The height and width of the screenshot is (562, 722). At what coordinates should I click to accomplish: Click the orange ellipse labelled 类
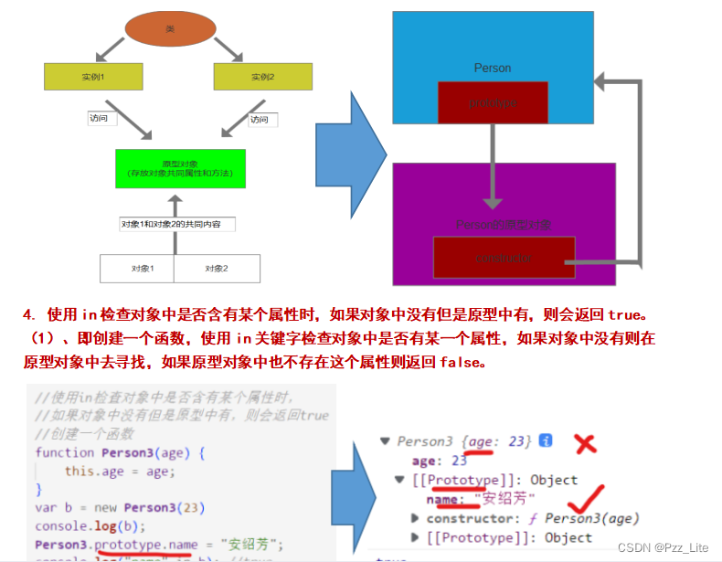pos(169,29)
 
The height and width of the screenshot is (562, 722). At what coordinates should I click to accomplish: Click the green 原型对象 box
pos(180,168)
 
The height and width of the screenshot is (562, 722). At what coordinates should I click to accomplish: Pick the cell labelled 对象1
pos(137,269)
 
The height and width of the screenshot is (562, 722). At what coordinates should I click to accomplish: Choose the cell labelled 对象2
pos(216,269)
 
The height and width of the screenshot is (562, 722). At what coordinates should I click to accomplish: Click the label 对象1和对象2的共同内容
pos(177,224)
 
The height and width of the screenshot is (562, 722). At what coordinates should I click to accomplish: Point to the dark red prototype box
pos(493,102)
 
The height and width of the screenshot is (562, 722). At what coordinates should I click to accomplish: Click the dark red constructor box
pos(504,258)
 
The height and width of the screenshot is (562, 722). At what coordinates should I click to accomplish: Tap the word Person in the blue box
pos(493,68)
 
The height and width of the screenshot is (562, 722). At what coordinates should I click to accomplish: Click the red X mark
pos(585,444)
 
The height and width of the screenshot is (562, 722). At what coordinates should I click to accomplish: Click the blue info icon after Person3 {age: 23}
pos(546,441)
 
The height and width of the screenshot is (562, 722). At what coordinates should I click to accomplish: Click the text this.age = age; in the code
pos(119,472)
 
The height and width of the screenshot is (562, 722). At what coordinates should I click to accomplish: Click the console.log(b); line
pos(80,527)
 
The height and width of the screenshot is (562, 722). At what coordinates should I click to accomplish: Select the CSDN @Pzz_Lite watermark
pos(663,547)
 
